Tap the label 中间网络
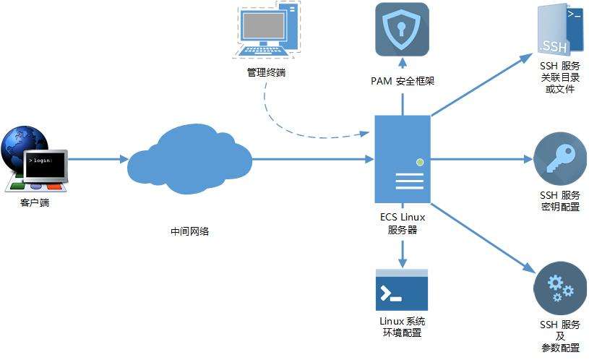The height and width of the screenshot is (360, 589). point(190,231)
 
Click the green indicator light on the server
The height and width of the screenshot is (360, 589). point(418,162)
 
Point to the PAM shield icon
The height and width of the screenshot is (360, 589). point(402,30)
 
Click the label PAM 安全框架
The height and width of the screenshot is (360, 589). point(402,81)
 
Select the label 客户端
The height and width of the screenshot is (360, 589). point(35,203)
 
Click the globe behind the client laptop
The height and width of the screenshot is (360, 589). point(22,145)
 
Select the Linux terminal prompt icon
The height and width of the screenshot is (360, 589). point(401,291)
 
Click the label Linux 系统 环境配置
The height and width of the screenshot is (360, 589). point(402,327)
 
